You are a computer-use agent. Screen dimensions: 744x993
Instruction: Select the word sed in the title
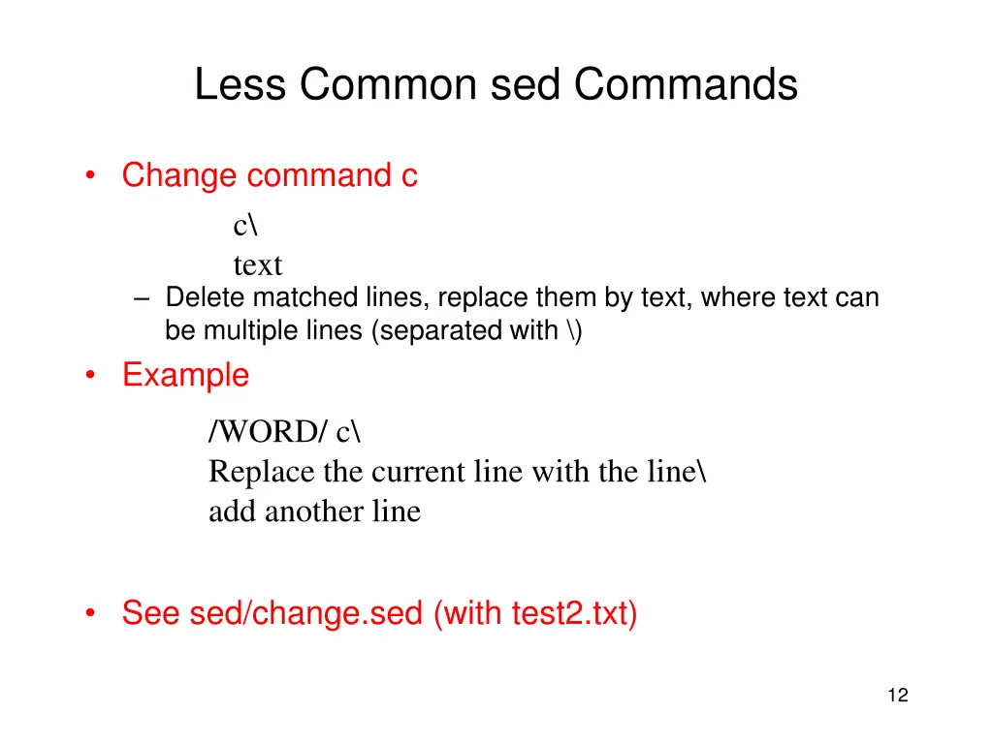526,85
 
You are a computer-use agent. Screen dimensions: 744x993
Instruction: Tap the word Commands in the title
686,85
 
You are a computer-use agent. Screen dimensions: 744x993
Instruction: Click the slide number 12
897,695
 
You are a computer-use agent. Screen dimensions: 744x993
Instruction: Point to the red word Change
179,176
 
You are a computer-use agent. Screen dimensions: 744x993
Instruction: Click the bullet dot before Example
90,375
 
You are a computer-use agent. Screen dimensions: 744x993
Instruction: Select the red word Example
185,376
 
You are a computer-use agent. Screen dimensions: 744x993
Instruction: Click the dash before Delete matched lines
143,298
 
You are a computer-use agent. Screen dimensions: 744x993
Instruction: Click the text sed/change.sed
306,613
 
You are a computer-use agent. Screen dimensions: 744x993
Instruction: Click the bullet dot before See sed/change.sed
90,613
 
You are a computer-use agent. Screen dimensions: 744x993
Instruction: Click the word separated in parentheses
450,330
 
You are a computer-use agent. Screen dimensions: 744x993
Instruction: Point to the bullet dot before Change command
90,175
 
